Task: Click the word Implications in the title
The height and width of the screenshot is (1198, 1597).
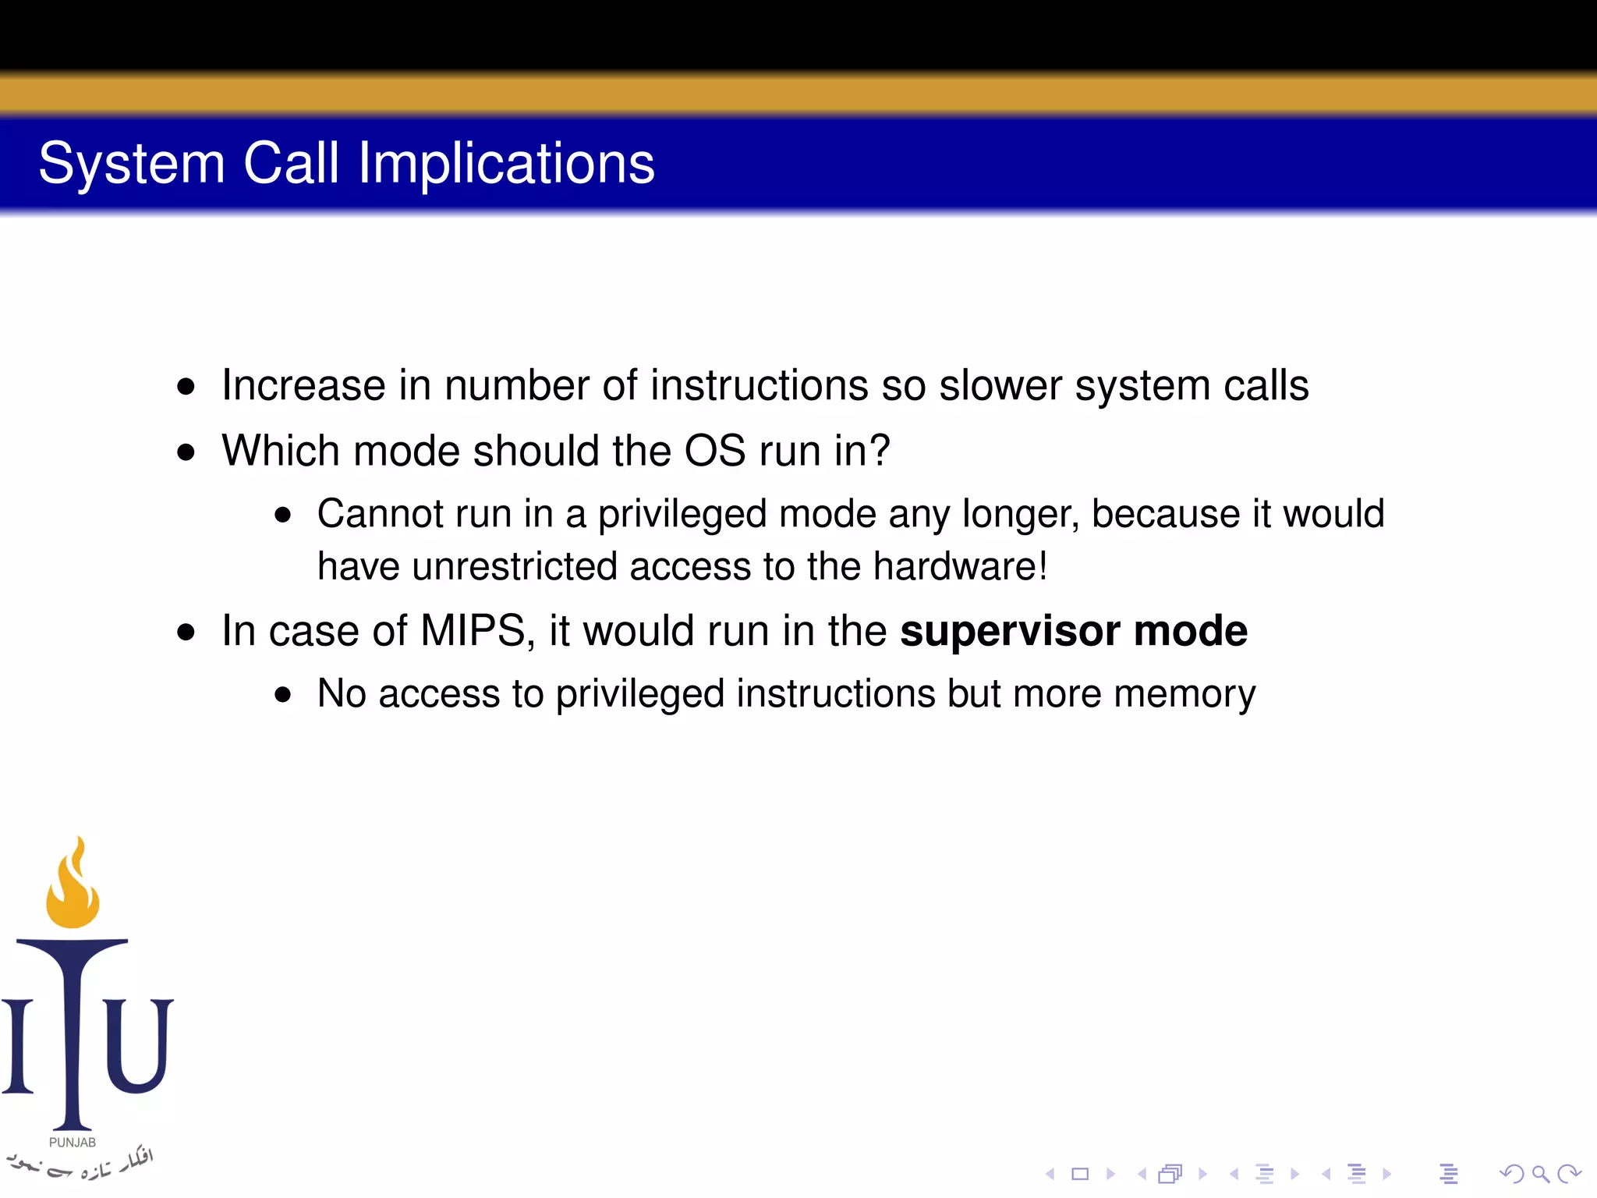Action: [506, 164]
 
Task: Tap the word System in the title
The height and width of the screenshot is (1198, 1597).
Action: [132, 164]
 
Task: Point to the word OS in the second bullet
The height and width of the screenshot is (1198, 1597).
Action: [714, 451]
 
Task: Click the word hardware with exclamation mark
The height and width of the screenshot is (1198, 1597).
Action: [960, 566]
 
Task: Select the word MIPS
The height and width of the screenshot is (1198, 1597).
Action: [473, 630]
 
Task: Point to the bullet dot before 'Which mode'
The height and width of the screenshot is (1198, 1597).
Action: [186, 452]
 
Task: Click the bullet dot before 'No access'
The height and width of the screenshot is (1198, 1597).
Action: [283, 694]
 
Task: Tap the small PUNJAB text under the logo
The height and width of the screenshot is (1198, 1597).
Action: [73, 1143]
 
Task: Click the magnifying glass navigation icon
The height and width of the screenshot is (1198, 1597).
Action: [1540, 1173]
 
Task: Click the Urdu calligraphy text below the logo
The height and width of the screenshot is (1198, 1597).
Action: [78, 1164]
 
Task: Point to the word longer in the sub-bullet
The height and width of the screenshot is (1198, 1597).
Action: [1021, 514]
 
